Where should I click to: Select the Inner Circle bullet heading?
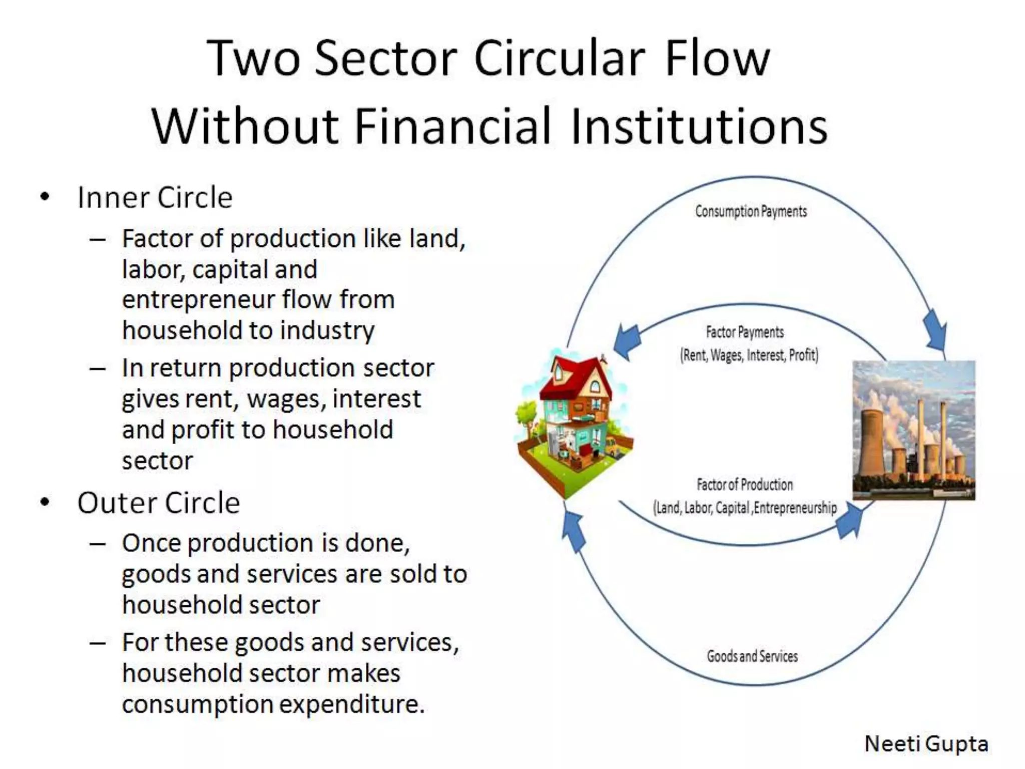[155, 197]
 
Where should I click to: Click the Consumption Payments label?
[751, 211]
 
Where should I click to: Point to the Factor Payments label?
[745, 332]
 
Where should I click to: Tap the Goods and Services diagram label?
[752, 656]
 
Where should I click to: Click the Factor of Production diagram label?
[745, 485]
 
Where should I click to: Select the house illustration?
[574, 423]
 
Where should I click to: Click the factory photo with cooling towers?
[914, 430]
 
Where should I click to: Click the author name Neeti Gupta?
[926, 743]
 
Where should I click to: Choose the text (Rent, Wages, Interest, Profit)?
[749, 355]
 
